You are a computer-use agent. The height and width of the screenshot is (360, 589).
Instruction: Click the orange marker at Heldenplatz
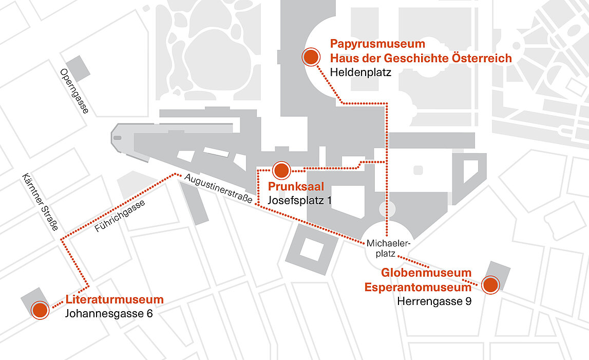coord(310,58)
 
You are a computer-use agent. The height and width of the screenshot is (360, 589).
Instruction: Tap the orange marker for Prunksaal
coord(281,169)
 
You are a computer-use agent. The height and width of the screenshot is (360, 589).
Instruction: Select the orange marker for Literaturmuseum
coord(40,310)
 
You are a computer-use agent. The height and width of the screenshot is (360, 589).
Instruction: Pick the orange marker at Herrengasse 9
coord(490,284)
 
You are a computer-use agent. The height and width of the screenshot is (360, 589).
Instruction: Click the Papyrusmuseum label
coord(377,44)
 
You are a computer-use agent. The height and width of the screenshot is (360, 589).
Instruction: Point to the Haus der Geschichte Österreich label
coord(421,58)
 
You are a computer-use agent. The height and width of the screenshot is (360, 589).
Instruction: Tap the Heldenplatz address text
coord(360,73)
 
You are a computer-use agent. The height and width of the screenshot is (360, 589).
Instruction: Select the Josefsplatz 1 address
coord(299,200)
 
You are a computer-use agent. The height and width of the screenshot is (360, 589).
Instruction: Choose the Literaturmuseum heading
coord(115,299)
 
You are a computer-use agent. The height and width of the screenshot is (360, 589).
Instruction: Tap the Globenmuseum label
coord(426,273)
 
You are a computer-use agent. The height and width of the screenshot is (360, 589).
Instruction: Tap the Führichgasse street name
coord(120,216)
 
